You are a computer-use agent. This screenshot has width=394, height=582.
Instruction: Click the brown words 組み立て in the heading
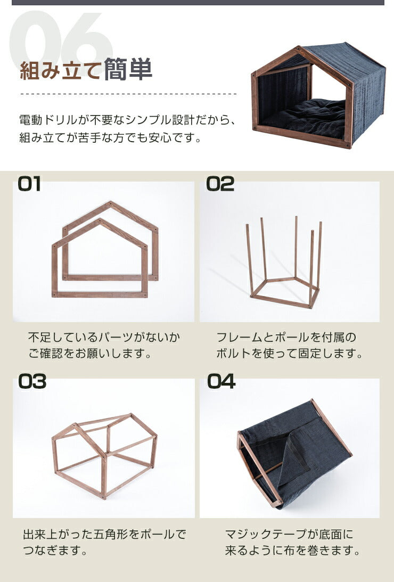61,70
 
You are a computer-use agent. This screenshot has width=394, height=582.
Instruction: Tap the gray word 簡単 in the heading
128,69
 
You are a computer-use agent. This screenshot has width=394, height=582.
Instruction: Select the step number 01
29,184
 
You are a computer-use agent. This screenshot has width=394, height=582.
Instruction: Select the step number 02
220,184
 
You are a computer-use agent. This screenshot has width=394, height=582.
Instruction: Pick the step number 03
32,382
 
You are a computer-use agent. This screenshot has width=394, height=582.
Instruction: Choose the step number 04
221,382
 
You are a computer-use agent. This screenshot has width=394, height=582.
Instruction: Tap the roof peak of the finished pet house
299,47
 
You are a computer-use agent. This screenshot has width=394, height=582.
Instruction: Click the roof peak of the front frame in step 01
100,220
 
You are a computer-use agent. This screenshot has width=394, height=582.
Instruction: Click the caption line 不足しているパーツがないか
104,338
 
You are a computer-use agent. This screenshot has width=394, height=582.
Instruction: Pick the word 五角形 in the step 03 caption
112,535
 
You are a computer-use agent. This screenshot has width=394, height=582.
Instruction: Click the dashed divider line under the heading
128,94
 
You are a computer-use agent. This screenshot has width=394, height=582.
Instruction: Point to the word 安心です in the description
174,138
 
